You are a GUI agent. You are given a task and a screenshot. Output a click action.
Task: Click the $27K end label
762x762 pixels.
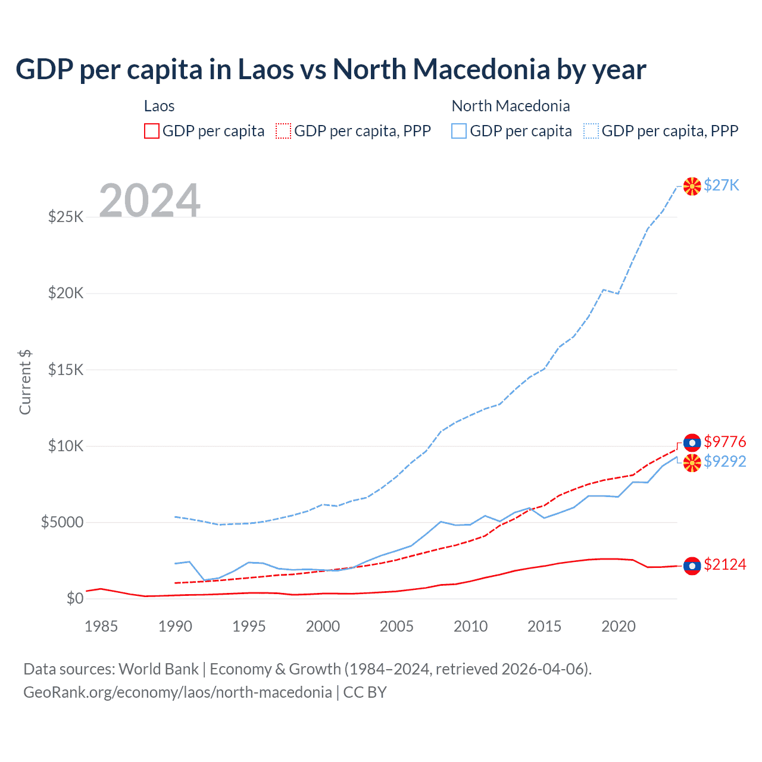coord(721,186)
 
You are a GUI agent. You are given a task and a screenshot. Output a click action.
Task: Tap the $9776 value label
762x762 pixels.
coord(724,442)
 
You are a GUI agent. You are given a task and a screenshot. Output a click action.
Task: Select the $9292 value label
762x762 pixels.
coord(724,461)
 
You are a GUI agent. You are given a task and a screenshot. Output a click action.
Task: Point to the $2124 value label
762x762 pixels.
coord(724,564)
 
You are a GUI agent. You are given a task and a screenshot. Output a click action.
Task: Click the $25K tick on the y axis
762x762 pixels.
coord(65,217)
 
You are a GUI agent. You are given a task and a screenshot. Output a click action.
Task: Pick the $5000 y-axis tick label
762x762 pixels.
coord(62,522)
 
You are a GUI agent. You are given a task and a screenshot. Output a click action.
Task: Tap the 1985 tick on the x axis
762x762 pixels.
coord(101,626)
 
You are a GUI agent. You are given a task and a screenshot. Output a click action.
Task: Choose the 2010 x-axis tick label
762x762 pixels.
coord(470,626)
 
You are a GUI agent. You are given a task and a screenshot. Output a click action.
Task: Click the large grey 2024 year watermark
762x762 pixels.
coord(149,201)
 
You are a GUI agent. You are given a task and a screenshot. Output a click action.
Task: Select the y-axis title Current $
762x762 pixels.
coord(25,382)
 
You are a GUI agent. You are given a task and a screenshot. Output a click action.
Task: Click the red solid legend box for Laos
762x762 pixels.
coord(152,131)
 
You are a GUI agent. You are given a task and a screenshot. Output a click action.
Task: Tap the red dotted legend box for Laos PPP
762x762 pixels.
coord(284,131)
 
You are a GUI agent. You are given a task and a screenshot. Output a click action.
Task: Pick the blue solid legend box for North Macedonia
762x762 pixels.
coord(459,131)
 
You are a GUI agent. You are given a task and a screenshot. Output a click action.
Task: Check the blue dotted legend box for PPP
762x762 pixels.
coord(591,131)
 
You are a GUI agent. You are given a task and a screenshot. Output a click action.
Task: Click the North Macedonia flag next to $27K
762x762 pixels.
coord(692,186)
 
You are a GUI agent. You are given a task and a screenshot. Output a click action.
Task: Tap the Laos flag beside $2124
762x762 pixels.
coord(692,566)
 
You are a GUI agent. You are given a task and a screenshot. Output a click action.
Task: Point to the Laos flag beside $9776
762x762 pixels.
coord(692,443)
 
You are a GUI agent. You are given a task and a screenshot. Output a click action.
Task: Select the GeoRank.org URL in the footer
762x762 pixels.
coord(177,692)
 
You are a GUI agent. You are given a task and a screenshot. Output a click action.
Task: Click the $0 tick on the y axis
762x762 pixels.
coord(74,598)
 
